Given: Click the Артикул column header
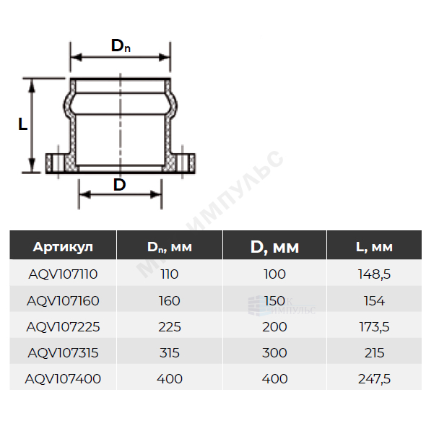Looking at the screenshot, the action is coord(63,247).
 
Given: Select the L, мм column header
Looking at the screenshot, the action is coord(374,247).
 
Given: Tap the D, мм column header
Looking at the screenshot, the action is coord(274,247).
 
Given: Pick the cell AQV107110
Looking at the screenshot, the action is coord(63,274).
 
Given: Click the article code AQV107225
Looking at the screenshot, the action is coord(63,327).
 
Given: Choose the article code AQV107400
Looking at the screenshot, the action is coord(63,379).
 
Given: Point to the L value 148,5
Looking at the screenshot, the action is coord(374,274).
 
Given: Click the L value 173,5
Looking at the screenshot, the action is coord(374,327).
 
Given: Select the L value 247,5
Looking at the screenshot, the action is coord(374,379).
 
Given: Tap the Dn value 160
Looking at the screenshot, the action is coord(170,301).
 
